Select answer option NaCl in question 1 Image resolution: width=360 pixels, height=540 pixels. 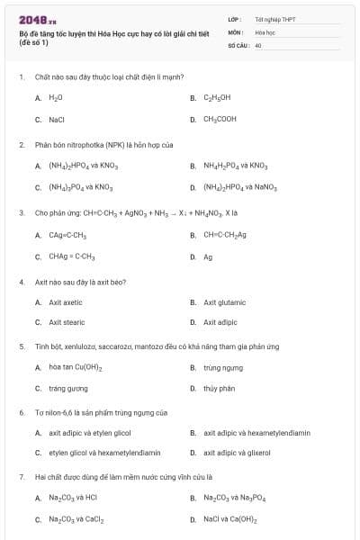56,118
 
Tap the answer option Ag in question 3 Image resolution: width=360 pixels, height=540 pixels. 208,256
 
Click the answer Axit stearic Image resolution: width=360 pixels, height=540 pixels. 67,321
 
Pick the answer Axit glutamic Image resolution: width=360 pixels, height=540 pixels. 224,302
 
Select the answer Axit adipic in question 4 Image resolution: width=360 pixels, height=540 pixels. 220,321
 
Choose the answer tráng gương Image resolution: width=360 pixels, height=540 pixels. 68,389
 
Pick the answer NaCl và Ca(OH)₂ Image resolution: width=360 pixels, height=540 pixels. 230,519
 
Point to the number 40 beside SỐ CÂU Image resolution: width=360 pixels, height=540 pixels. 258,44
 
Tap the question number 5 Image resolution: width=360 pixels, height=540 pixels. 21,346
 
